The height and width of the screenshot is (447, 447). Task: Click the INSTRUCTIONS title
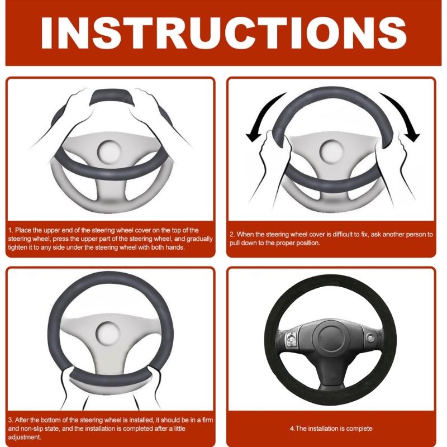click(x=223, y=32)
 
